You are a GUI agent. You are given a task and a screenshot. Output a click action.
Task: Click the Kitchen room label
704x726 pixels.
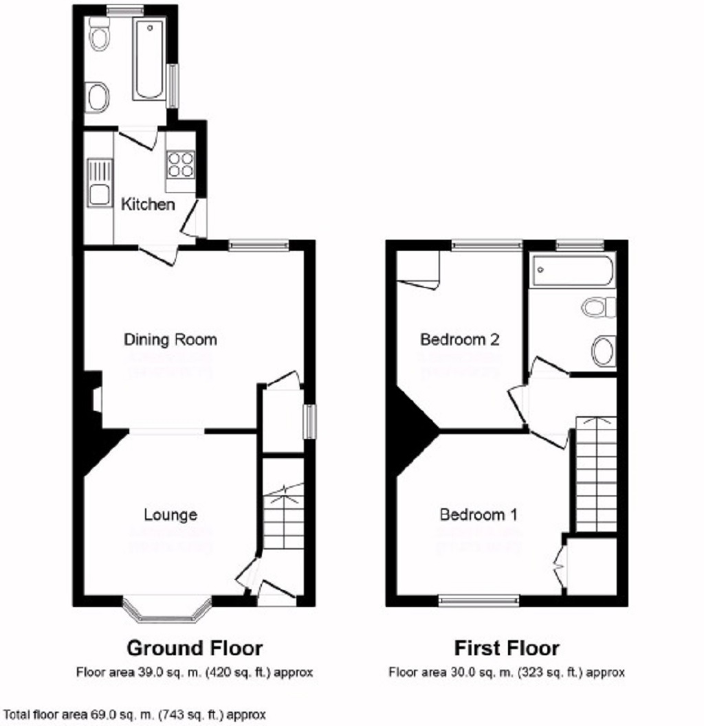[x=148, y=204]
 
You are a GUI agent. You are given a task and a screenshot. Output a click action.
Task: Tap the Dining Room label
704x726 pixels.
[x=170, y=339]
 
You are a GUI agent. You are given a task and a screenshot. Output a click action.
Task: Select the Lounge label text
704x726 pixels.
[x=170, y=514]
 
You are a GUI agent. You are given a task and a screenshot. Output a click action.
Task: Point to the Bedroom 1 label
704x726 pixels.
[x=478, y=514]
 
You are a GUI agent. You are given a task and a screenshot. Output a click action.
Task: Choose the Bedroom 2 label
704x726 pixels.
[x=459, y=339]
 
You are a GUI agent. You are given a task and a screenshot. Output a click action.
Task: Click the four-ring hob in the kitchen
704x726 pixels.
[x=181, y=164]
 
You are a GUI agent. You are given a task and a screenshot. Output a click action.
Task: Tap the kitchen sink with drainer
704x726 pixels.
[x=99, y=183]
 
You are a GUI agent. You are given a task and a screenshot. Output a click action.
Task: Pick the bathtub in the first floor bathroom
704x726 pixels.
[x=572, y=270]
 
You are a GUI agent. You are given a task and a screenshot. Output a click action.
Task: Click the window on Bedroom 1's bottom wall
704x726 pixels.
[x=479, y=600]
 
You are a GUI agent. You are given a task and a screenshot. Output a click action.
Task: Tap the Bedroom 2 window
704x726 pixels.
[x=487, y=245]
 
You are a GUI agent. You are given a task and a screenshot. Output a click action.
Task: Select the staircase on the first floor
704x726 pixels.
[x=595, y=474]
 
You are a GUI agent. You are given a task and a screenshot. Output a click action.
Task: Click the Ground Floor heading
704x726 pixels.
[x=195, y=648]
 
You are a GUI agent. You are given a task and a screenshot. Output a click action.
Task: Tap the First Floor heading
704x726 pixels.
[x=507, y=648]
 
